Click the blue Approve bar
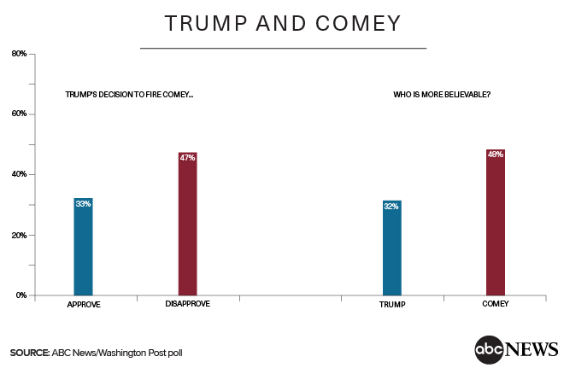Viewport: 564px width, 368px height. click(x=83, y=247)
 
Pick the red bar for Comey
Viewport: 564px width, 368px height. click(x=496, y=222)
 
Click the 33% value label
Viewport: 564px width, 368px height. click(x=83, y=203)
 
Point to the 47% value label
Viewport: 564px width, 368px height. click(x=187, y=157)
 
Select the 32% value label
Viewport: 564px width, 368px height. click(x=392, y=206)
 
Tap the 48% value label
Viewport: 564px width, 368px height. click(x=496, y=155)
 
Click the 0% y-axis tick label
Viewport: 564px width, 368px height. click(x=21, y=295)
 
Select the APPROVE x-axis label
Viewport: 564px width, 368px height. click(x=83, y=304)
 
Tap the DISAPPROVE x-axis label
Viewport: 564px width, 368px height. click(x=187, y=304)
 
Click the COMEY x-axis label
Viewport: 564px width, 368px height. click(x=496, y=304)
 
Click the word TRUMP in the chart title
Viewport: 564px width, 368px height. click(x=203, y=23)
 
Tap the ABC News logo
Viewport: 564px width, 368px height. click(x=516, y=348)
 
